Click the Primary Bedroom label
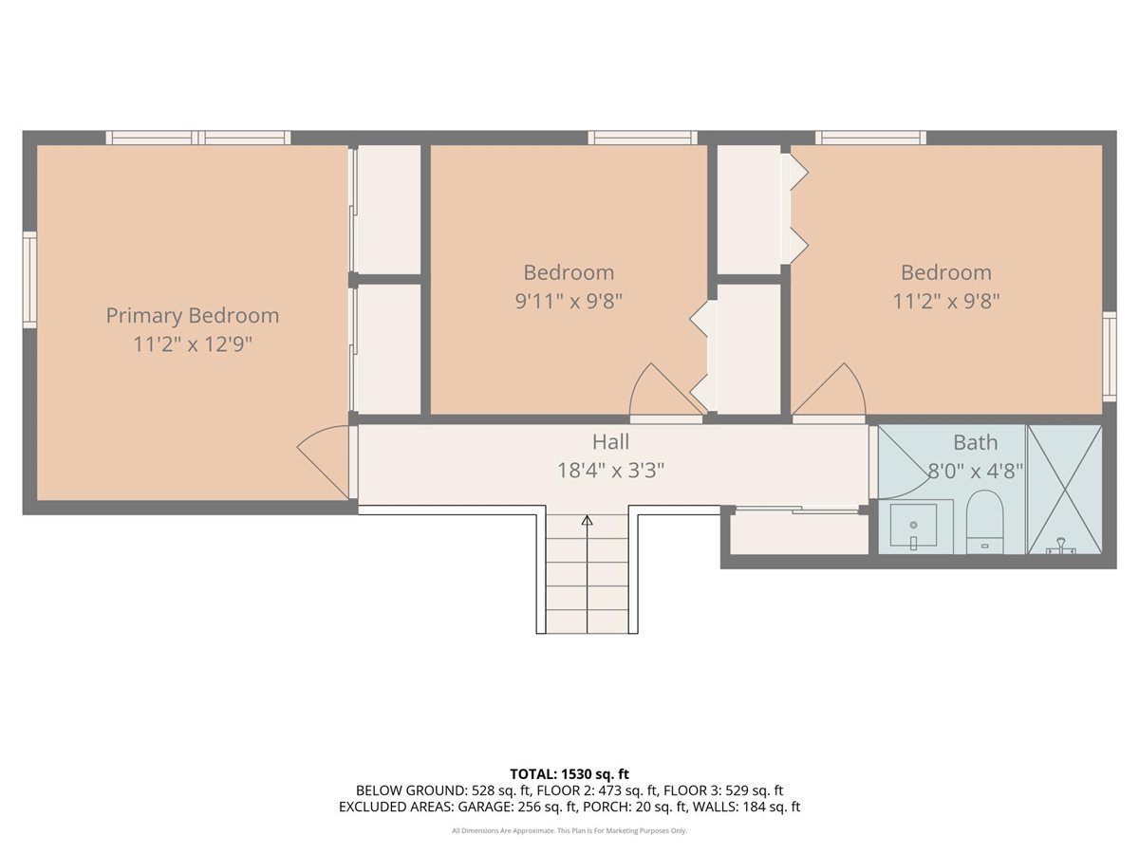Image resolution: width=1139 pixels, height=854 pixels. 193,316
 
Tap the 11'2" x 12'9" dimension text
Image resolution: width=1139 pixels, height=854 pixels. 193,344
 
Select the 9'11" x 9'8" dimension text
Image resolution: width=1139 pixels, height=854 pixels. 569,301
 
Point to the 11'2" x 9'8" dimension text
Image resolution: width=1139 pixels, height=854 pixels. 946,301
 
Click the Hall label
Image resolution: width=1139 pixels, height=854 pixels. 610,442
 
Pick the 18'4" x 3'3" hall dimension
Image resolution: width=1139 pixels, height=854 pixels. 610,471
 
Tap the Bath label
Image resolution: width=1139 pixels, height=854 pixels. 976,443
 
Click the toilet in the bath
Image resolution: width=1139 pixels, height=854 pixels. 984,521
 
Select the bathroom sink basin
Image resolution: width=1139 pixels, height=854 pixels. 913,525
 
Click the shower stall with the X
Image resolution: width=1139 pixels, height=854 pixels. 1064,489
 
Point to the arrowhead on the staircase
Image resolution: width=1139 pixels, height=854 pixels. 587,520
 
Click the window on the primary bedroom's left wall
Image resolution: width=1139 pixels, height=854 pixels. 29,280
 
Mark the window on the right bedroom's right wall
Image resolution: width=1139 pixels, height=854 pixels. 1109,356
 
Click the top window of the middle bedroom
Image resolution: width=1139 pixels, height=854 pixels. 643,138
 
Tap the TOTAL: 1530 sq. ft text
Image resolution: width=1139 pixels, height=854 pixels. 569,774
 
